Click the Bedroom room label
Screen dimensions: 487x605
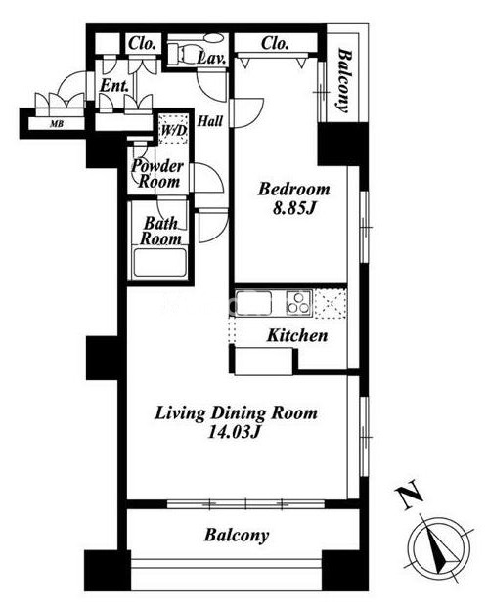coord(294,190)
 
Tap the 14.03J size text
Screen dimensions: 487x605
coord(233,432)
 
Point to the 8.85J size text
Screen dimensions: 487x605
coord(294,209)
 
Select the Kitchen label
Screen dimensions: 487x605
coord(297,335)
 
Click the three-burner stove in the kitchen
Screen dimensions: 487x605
coord(298,303)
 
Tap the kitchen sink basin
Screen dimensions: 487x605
coord(254,303)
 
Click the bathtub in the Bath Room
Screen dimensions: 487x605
coord(159,264)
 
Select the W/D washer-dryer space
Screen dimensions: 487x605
coord(173,129)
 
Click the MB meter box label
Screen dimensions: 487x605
coord(57,124)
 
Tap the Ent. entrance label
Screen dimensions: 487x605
coord(114,86)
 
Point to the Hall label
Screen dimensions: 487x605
coord(210,121)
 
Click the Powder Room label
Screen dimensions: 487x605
coord(156,174)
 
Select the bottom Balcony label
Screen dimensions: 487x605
coord(237,536)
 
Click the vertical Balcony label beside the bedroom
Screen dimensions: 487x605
coord(345,80)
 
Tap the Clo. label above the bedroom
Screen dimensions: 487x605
coord(275,43)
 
